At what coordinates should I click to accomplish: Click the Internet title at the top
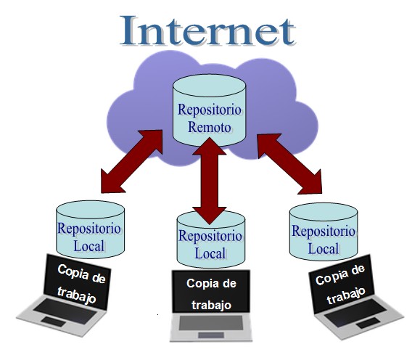click(x=208, y=30)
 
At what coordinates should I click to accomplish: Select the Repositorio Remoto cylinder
click(x=209, y=110)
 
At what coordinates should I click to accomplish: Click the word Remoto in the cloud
click(x=210, y=127)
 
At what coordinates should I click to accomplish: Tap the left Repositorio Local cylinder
click(x=90, y=229)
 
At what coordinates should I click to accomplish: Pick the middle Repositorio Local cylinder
click(x=211, y=240)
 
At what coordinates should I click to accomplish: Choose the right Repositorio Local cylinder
click(x=324, y=232)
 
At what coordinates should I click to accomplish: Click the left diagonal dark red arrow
click(x=132, y=161)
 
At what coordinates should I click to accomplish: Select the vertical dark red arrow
click(x=210, y=181)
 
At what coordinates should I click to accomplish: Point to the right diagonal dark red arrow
click(x=289, y=164)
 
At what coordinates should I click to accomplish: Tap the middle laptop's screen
click(x=211, y=291)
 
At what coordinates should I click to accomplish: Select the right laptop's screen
click(x=342, y=284)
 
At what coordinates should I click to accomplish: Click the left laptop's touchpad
click(x=53, y=322)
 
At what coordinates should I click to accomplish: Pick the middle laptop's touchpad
click(x=211, y=335)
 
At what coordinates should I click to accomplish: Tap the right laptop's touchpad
click(x=368, y=323)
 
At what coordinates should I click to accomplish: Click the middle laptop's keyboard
click(x=211, y=323)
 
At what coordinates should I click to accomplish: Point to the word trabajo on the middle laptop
click(x=211, y=305)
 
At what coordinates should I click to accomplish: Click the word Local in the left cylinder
click(x=89, y=246)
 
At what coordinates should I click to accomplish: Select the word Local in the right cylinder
click(x=324, y=248)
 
